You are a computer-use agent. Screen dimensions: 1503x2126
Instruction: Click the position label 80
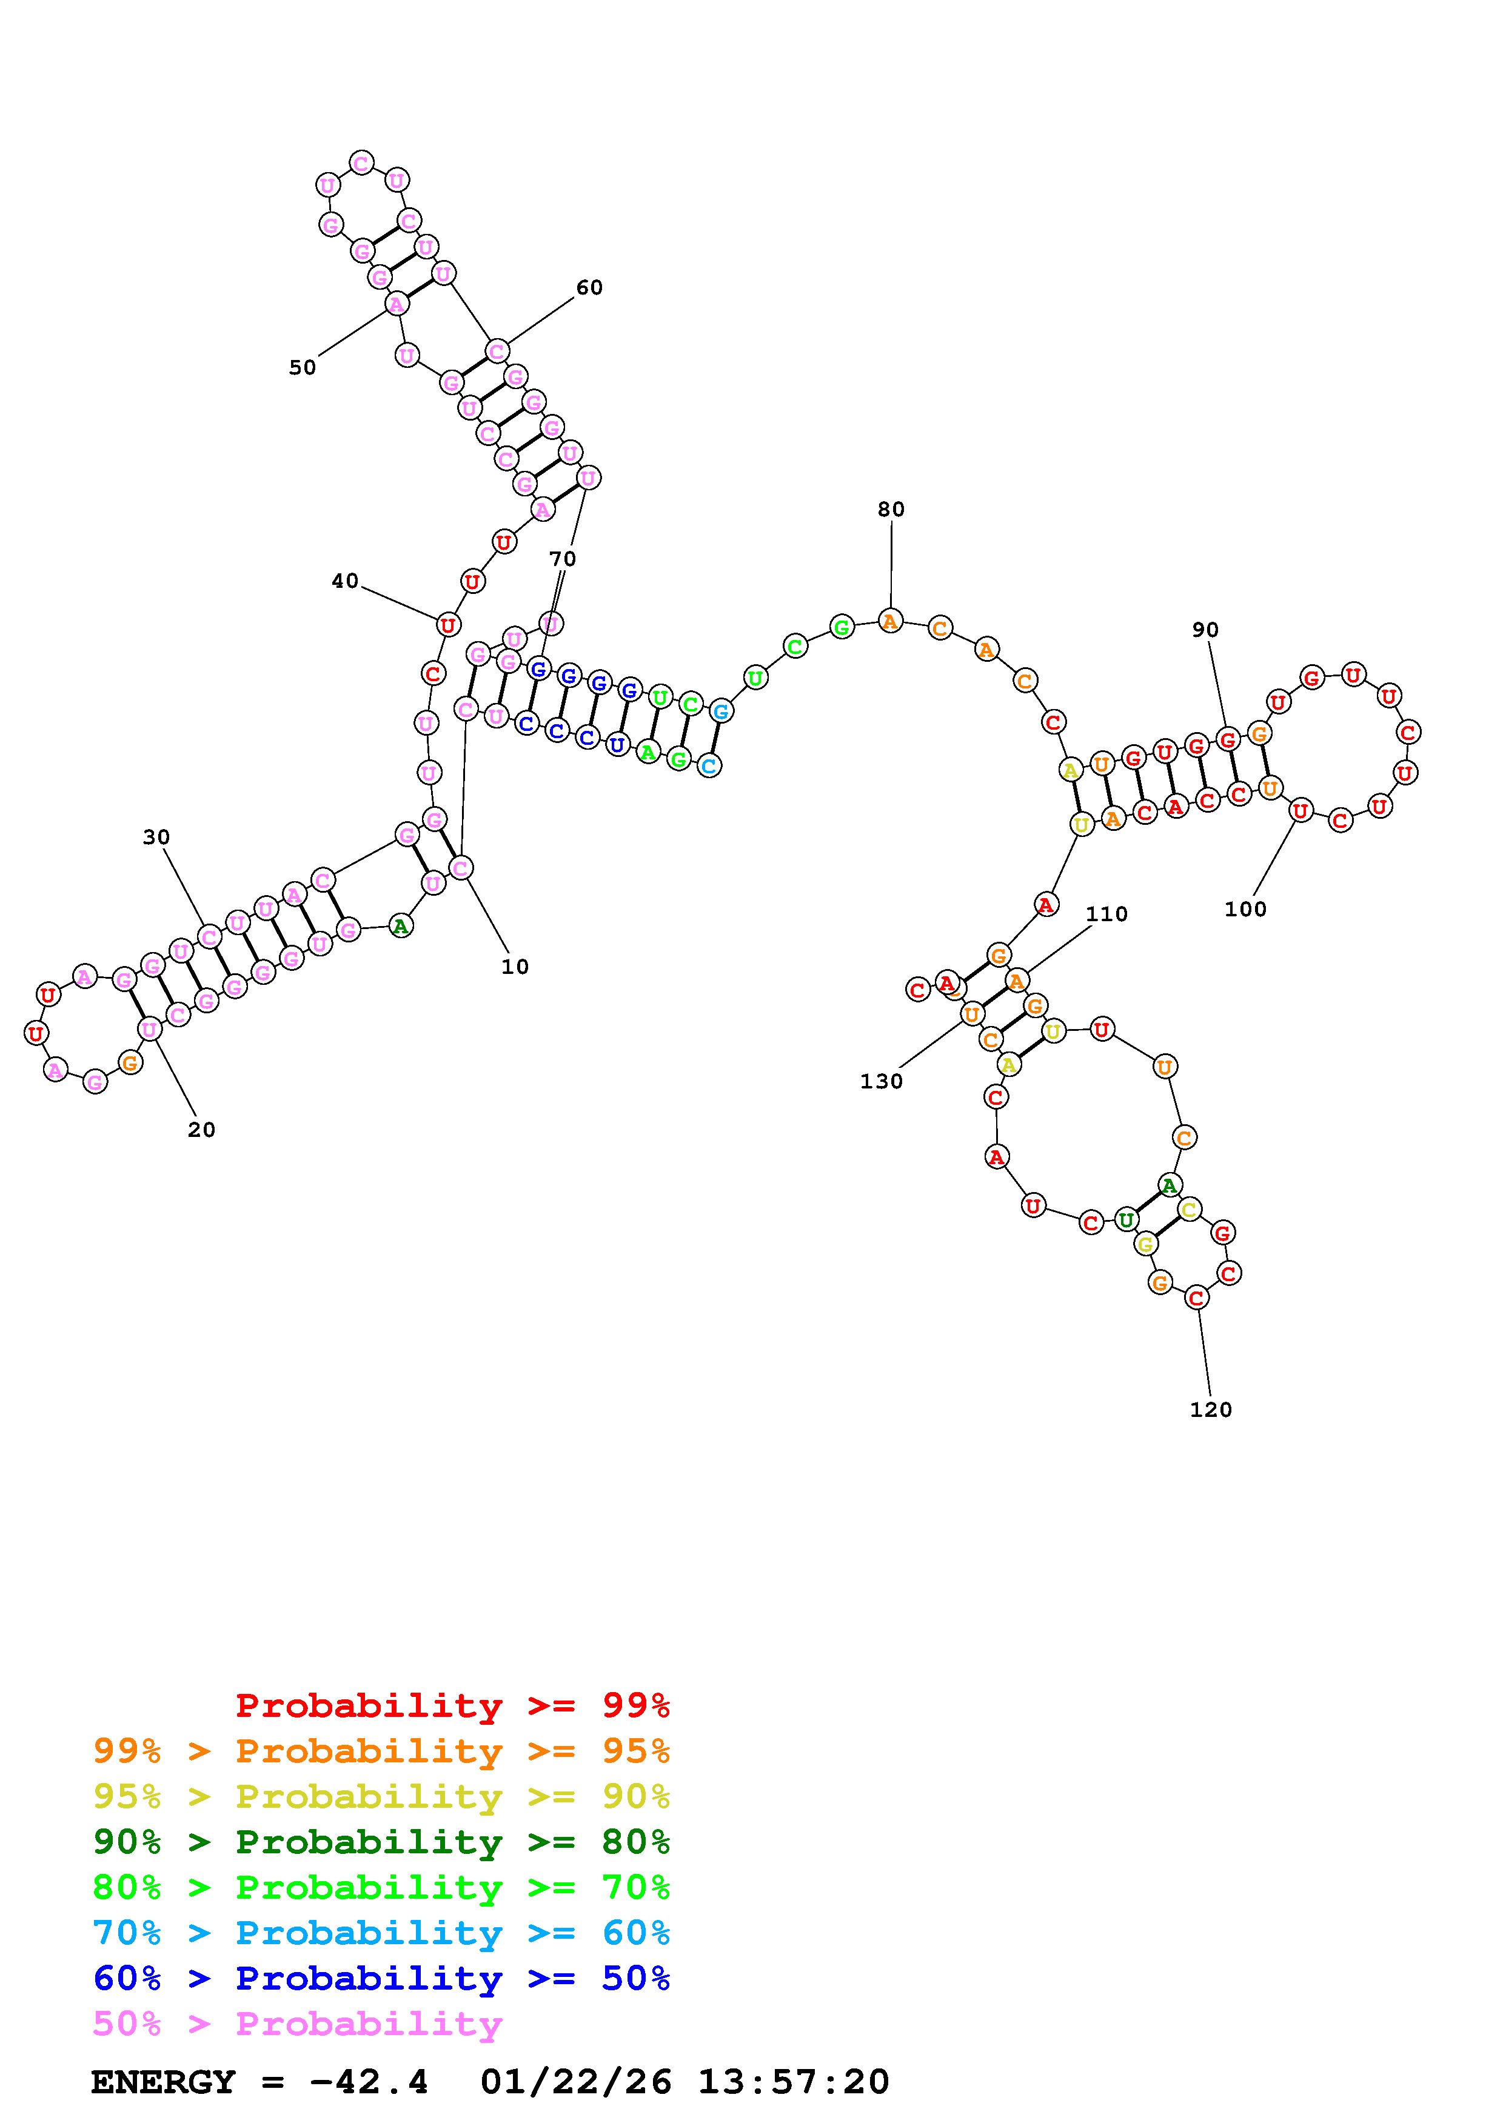(891, 509)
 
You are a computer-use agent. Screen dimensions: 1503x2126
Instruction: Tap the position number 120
(1210, 1409)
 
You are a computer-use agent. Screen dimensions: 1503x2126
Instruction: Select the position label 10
(515, 967)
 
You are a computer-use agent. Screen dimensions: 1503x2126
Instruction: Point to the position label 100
(1245, 909)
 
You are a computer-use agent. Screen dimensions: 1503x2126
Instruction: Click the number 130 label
(881, 1082)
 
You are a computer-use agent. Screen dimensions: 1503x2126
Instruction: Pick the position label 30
(156, 837)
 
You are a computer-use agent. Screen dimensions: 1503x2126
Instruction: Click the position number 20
(201, 1130)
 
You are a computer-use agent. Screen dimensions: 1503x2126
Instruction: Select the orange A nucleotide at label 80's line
(890, 621)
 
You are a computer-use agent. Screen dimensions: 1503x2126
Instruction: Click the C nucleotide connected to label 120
(1196, 1298)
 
